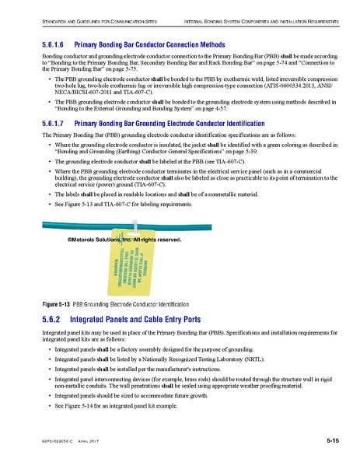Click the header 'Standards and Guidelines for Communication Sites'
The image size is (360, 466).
point(87,19)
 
